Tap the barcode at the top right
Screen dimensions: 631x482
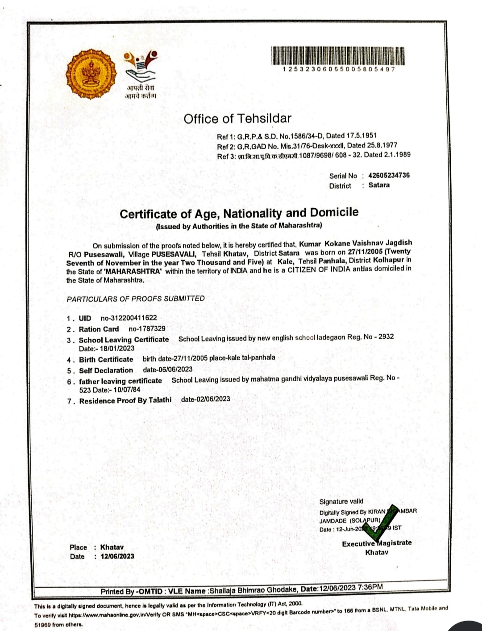click(338, 56)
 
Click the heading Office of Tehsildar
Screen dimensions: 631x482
click(237, 119)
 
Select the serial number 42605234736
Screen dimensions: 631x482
click(389, 176)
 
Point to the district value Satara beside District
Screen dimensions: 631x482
click(379, 185)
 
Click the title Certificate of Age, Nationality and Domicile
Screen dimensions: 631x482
click(239, 213)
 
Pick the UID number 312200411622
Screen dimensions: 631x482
click(129, 318)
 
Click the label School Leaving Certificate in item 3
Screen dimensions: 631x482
click(124, 340)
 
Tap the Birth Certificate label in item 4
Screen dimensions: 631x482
click(106, 359)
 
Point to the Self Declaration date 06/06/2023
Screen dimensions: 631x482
click(168, 369)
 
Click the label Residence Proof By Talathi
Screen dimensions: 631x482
click(125, 400)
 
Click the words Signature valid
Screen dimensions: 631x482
click(341, 501)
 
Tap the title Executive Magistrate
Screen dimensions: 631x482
click(377, 543)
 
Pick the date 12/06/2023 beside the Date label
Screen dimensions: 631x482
click(117, 556)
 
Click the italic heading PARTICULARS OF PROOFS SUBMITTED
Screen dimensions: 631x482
click(136, 299)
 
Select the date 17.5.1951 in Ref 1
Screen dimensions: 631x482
click(361, 135)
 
